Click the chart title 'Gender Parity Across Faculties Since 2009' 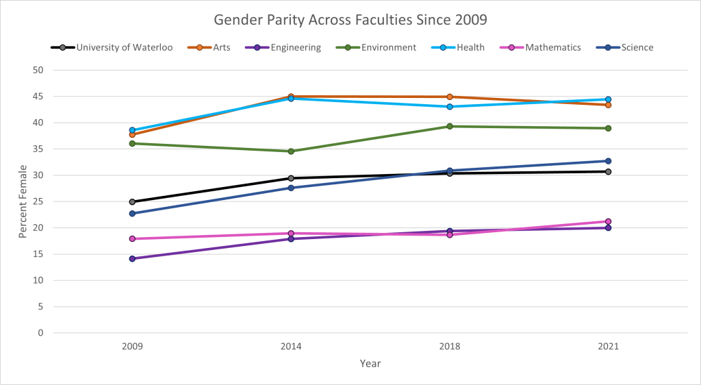point(350,19)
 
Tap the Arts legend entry point(220,47)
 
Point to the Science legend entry point(627,47)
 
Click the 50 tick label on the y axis point(38,70)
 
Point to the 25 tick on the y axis point(38,201)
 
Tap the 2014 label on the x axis point(291,347)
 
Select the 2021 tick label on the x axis point(608,347)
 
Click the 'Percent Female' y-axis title point(22,201)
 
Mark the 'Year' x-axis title point(370,364)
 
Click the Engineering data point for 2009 point(132,259)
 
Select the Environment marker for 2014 point(291,151)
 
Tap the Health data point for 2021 point(608,99)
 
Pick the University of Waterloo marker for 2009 point(132,202)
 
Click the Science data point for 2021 point(608,161)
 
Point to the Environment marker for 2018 point(450,126)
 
